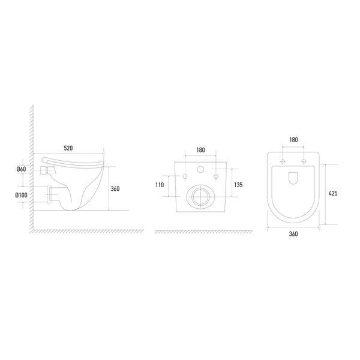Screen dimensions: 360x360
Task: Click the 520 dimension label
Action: tap(68, 148)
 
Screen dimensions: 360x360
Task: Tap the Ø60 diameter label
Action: tap(21, 169)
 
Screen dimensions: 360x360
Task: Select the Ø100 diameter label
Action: tap(21, 195)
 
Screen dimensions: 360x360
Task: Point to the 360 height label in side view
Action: tap(115, 189)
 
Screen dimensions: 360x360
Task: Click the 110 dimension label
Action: tap(160, 185)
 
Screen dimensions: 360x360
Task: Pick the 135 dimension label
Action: tap(238, 185)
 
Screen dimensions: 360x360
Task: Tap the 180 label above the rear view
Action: tap(200, 150)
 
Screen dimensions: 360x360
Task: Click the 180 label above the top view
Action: tap(293, 140)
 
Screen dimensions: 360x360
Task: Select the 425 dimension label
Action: tap(333, 193)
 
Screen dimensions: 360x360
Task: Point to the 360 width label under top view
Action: tap(293, 234)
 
